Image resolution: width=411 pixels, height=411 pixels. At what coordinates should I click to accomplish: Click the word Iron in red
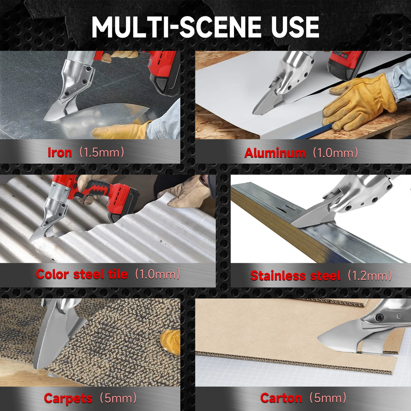[x=59, y=152]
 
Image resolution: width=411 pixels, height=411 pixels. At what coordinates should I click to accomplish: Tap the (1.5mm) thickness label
[x=101, y=152]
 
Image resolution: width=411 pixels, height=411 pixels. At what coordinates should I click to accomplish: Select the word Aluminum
[x=275, y=153]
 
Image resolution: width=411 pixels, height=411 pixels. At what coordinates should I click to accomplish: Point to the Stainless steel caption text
[x=295, y=276]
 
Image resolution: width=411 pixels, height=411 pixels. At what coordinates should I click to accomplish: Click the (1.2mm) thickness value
[x=369, y=276]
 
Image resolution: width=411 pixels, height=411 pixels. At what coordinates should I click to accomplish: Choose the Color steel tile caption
[x=81, y=275]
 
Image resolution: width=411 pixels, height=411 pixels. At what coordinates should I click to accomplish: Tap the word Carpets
[x=68, y=399]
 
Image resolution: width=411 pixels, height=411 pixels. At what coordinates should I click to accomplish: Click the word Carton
[x=281, y=398]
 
